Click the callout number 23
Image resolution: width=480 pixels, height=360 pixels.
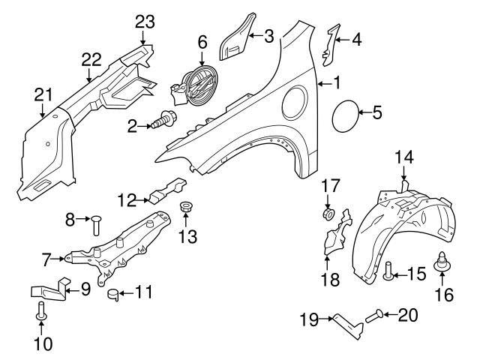click(143, 22)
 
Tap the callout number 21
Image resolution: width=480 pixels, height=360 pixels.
click(43, 94)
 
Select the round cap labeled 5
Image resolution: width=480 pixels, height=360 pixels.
click(346, 114)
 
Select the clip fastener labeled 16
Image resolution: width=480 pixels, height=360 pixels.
click(441, 264)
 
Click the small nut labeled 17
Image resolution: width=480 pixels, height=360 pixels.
click(328, 214)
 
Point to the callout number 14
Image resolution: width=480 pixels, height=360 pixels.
click(403, 157)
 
